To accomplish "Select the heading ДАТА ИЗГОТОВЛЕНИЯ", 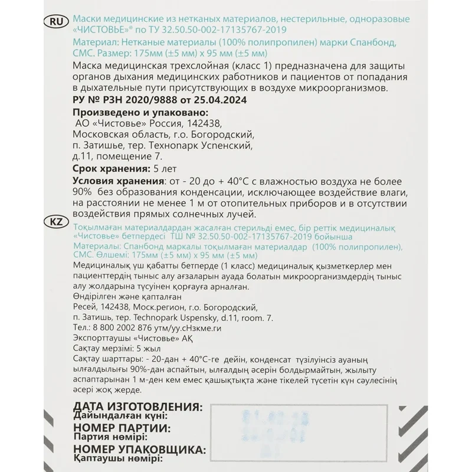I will (x=137, y=407).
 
